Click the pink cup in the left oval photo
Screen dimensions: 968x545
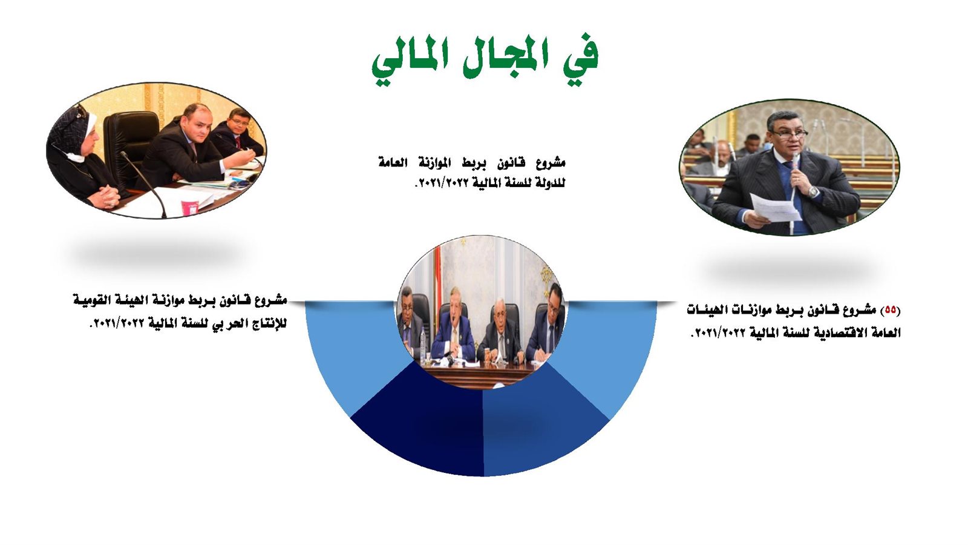[190, 207]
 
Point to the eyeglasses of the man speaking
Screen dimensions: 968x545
[789, 133]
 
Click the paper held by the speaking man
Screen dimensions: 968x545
[776, 208]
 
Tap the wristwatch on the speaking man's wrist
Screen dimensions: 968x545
[813, 191]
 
